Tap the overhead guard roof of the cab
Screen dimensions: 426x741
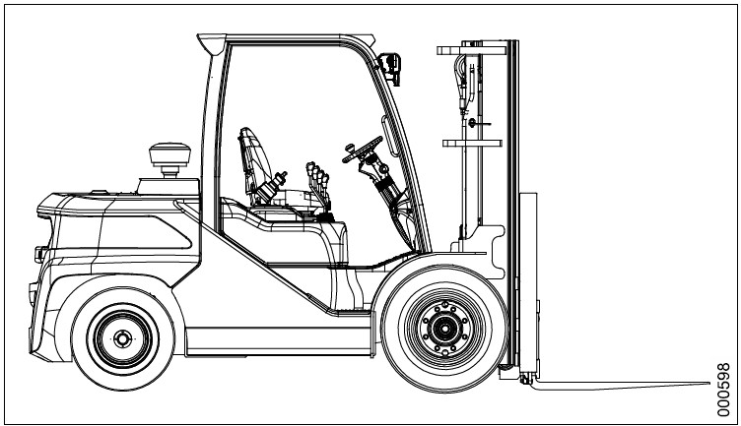pos(286,38)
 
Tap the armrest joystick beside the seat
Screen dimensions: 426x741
pos(279,180)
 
